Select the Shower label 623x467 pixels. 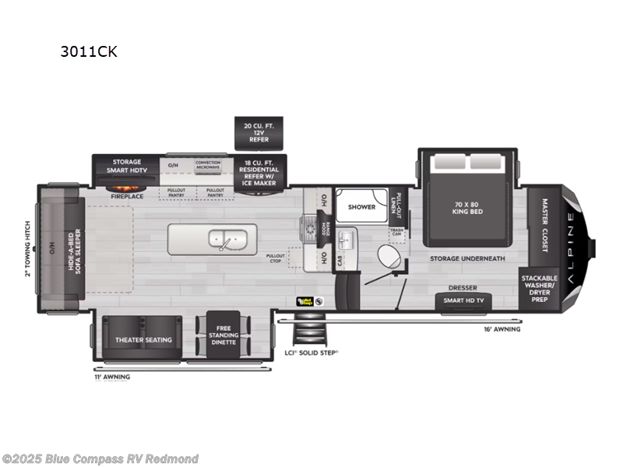[361, 207]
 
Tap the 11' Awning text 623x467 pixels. [112, 377]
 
